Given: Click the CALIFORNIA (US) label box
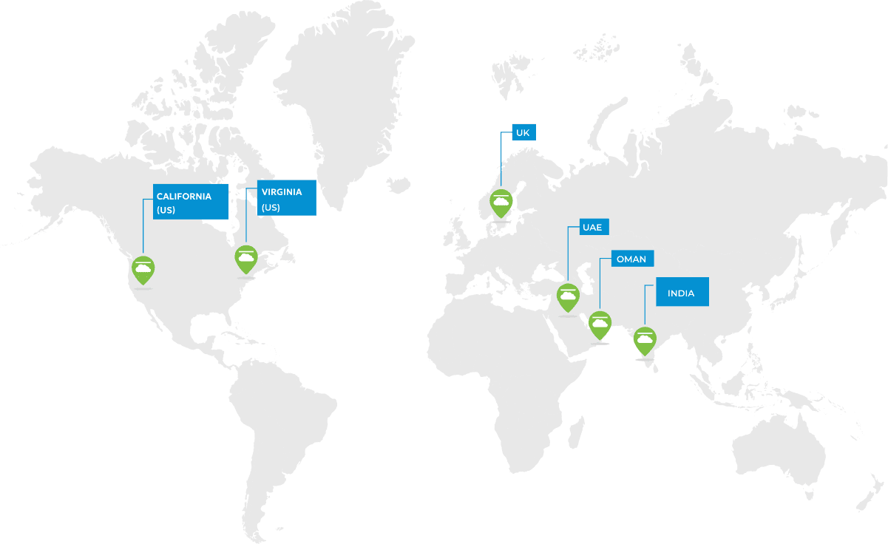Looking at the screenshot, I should pos(191,202).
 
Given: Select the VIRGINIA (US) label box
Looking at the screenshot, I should pos(287,198).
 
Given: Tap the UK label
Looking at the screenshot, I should pos(523,132).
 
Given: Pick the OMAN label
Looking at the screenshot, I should pos(631,259).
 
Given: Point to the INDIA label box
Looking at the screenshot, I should pos(682,293).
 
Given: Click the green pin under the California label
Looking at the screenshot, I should pos(143,269).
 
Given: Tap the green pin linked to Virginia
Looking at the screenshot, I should pos(245,258).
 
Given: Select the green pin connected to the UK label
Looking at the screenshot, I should pos(501,202).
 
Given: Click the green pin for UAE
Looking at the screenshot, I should pos(568,296).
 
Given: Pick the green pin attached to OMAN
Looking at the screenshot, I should pos(600,324).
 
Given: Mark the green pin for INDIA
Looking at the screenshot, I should pos(645,339).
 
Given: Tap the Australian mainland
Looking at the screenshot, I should pos(784,447).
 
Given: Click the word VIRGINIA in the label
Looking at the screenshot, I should pos(282,192).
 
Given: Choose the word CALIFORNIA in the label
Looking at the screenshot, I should pos(184,197).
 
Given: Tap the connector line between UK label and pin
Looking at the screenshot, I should pos(501,163).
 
